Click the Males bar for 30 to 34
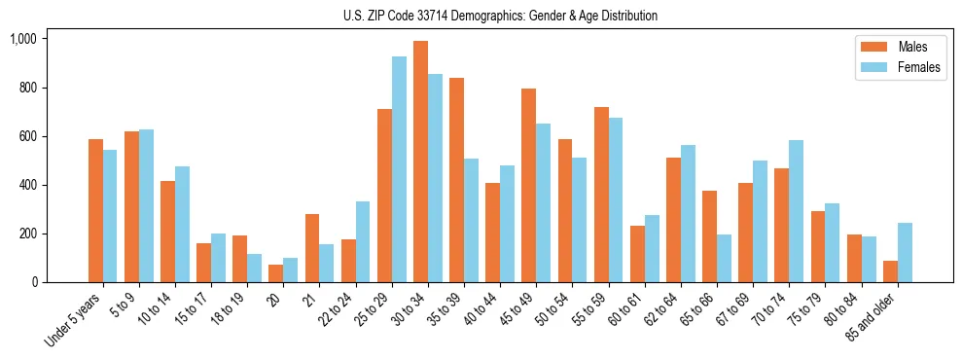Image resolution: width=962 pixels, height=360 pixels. coord(420,162)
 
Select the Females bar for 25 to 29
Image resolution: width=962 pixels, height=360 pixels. coord(399,169)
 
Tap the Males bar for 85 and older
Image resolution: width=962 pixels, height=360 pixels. coord(890,271)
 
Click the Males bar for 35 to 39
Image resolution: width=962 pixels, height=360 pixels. coord(456,180)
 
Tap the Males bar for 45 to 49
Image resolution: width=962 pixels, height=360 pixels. coord(528,186)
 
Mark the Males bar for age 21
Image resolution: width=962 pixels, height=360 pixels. coord(312,248)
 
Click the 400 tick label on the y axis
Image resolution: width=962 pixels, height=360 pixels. coord(27,185)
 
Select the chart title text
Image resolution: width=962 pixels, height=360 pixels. coord(500,16)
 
